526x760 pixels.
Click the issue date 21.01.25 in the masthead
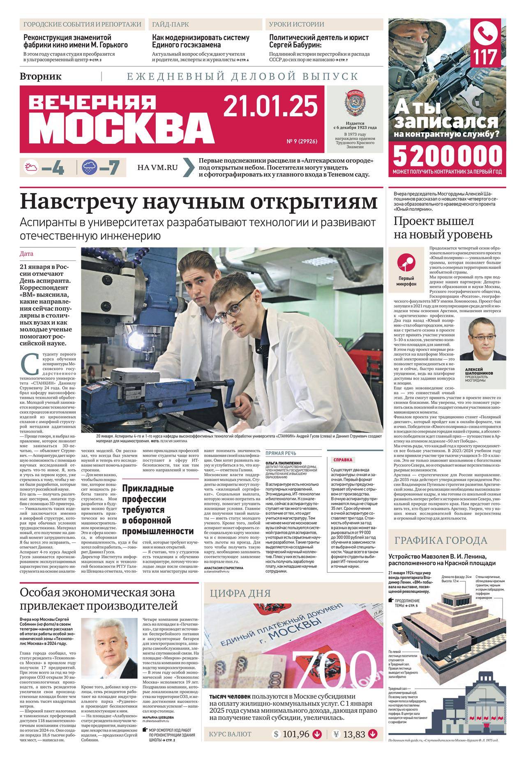coord(271,106)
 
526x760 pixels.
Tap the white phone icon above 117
coord(489,32)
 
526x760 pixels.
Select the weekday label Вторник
coord(40,76)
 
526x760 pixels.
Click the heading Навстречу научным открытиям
coord(198,203)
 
